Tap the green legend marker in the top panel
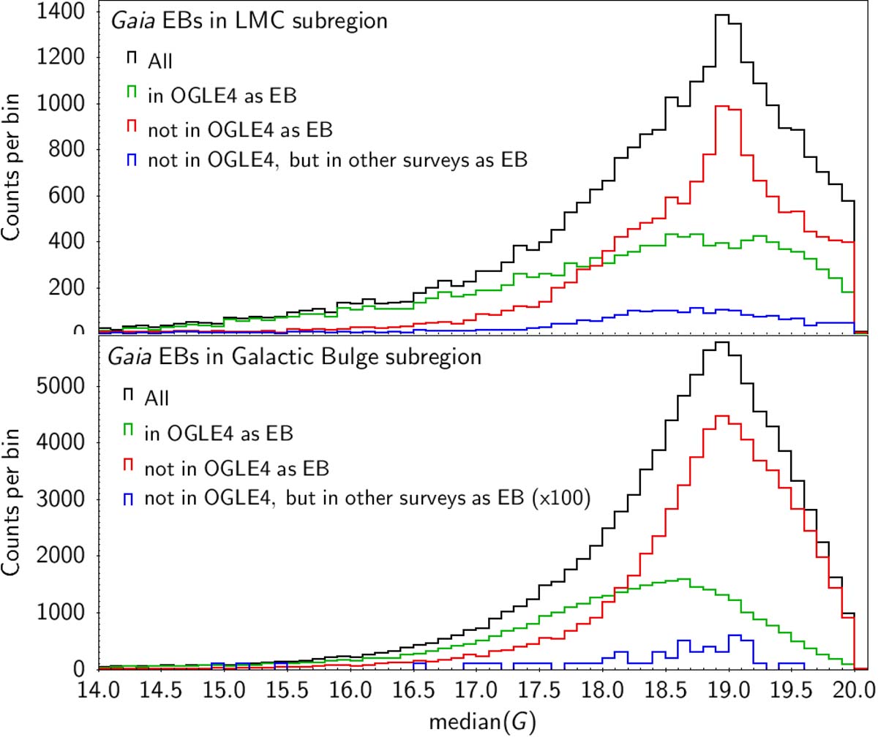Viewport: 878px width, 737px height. point(132,91)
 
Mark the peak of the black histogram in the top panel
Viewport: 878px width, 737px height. point(723,15)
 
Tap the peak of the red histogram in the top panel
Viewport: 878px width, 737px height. point(723,107)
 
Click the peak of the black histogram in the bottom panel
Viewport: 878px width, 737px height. point(723,342)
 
